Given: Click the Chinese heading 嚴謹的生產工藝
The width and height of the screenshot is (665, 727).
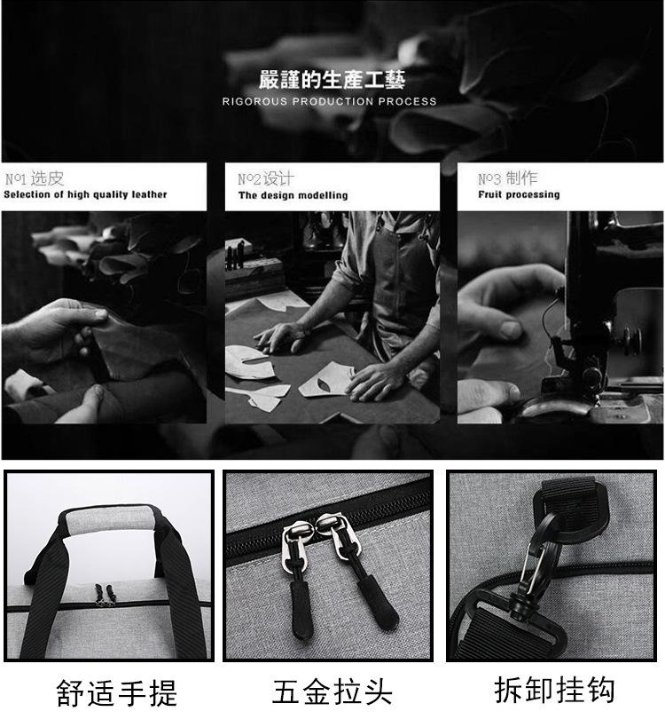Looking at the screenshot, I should point(332,80).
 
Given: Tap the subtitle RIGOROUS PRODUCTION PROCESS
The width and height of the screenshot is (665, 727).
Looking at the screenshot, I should point(329,102).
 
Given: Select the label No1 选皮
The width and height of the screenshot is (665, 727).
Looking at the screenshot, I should point(35,178).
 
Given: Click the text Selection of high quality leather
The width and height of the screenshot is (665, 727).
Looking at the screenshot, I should point(85,194).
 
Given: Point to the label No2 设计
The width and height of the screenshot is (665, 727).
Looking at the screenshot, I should point(266,178).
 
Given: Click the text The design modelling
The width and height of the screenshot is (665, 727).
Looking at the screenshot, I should point(293,195).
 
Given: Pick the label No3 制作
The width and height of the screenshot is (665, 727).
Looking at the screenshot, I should point(508,178).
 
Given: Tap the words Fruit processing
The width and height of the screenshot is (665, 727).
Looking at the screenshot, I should point(519,194).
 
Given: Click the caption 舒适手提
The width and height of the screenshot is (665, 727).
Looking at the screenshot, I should point(116,692).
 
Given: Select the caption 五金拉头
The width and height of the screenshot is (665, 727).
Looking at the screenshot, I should point(332,692).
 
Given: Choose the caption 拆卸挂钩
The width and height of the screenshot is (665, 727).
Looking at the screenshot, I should point(554,690).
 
